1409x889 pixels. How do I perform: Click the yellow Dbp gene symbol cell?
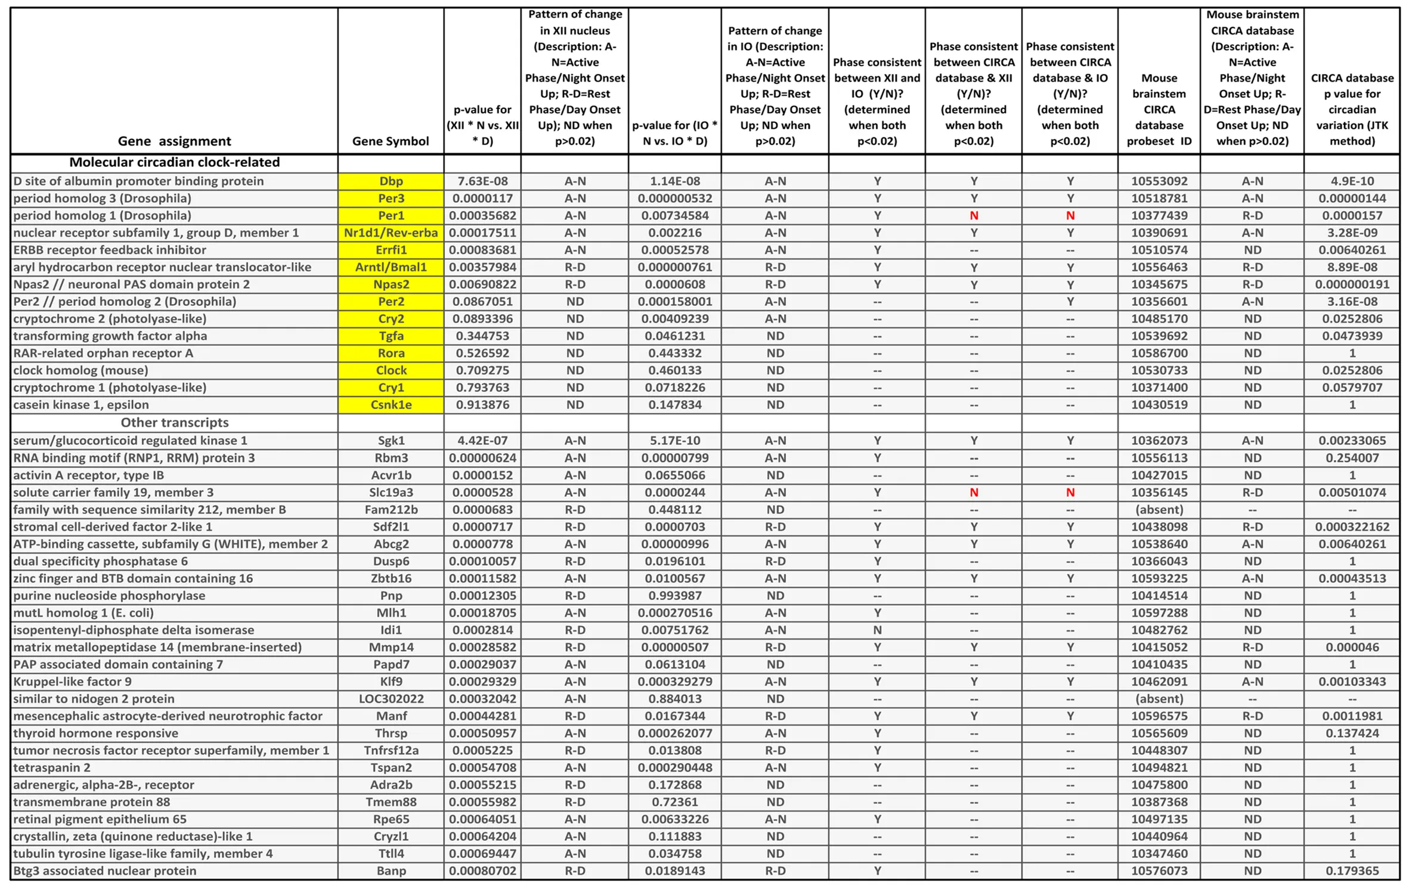(x=391, y=181)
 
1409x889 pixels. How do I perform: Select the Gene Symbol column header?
(x=390, y=141)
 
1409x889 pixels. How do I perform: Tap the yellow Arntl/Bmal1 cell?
(x=391, y=267)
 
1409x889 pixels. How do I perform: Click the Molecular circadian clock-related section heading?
(x=174, y=162)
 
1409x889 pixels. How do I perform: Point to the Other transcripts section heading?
(x=174, y=423)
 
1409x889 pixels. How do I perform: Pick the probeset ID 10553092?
(x=1159, y=181)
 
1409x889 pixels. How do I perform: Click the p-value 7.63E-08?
(x=482, y=181)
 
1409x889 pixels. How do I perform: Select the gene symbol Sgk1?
(x=391, y=441)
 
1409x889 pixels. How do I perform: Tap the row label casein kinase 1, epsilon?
(x=81, y=405)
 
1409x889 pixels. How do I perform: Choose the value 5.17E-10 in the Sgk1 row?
(x=674, y=441)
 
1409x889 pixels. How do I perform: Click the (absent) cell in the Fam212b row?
(x=1159, y=510)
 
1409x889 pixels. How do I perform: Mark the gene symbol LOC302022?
(x=391, y=699)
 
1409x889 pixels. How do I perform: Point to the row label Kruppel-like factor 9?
(x=72, y=682)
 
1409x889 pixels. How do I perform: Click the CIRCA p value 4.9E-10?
(x=1351, y=181)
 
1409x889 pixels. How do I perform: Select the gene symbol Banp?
(x=391, y=871)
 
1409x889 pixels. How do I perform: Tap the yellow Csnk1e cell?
(x=391, y=405)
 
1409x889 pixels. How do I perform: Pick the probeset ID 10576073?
(x=1159, y=871)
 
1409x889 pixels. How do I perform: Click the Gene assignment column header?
(x=174, y=141)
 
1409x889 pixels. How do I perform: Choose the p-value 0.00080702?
(x=482, y=871)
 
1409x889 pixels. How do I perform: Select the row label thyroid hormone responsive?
(x=95, y=733)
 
